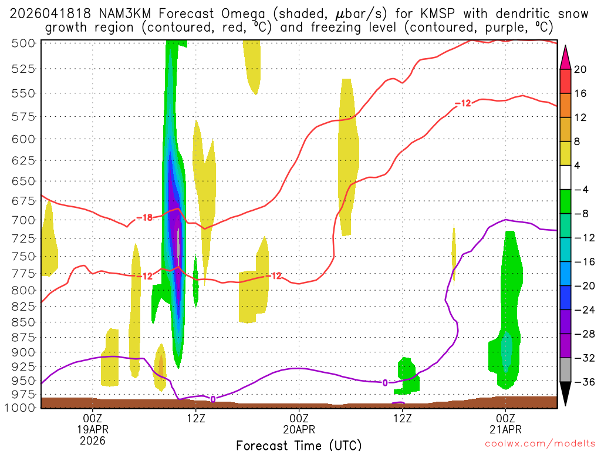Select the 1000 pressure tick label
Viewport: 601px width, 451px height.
coord(20,407)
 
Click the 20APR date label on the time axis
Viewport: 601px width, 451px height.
coord(299,429)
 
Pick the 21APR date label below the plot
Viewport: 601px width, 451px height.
coord(506,429)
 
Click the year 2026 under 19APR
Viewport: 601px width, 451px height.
coord(93,440)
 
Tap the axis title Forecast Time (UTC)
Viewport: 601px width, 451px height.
coord(299,445)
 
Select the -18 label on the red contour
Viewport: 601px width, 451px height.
coord(144,218)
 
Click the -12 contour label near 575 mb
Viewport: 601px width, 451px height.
coord(462,104)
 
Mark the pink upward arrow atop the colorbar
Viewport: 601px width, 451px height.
coord(565,56)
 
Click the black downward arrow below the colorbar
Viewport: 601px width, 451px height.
coord(565,394)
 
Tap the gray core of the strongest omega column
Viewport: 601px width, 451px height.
coord(178,247)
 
